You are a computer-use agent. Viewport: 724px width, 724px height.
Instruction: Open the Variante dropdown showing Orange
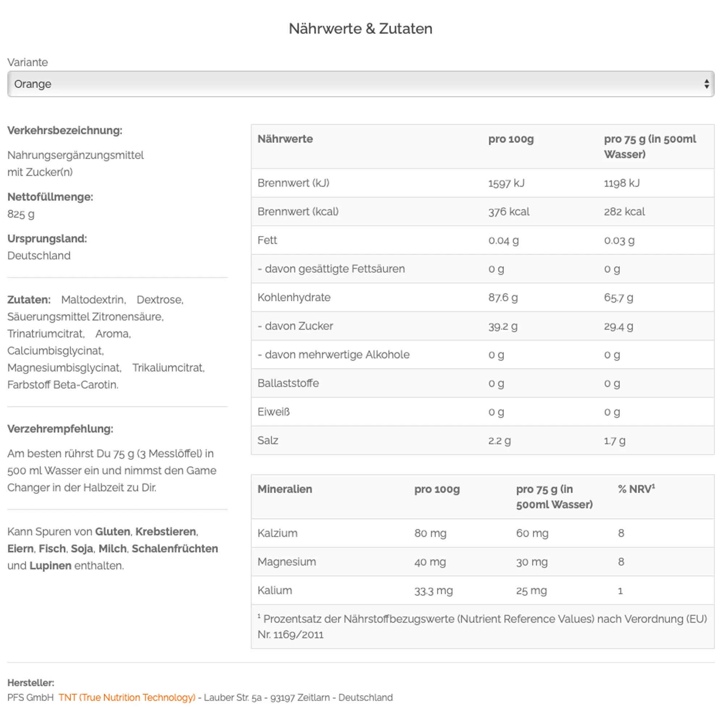click(361, 84)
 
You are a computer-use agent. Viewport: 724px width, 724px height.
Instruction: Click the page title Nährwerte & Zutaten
click(361, 29)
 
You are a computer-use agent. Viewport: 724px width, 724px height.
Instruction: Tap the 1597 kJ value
click(506, 183)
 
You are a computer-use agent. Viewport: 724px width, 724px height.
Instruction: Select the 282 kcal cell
click(624, 212)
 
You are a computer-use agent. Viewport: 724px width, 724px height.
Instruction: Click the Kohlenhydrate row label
click(294, 298)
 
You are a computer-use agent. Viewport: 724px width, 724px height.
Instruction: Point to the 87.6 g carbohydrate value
click(503, 298)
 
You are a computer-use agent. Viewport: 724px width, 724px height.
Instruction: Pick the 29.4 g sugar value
click(618, 327)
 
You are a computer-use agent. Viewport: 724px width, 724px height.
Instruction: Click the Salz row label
click(268, 440)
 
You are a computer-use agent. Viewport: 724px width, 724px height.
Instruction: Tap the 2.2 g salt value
click(499, 441)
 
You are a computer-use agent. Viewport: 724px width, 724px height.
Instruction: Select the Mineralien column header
click(285, 489)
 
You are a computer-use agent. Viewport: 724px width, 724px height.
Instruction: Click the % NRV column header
click(636, 489)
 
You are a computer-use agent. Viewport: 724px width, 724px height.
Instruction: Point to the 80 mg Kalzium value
click(430, 533)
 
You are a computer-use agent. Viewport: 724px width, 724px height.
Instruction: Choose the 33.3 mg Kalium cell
click(433, 590)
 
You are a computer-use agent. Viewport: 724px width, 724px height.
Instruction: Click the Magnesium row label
click(287, 562)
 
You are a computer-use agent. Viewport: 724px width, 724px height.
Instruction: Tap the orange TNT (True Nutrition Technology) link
click(127, 698)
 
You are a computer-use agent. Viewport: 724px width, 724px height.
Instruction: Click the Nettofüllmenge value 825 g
click(21, 214)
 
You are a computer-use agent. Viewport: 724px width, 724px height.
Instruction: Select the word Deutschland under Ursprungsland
click(39, 256)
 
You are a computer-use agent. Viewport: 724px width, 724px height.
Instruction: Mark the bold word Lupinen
click(50, 565)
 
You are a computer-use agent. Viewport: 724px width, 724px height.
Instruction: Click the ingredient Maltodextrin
click(93, 300)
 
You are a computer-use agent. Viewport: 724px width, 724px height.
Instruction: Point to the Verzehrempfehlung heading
click(60, 429)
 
